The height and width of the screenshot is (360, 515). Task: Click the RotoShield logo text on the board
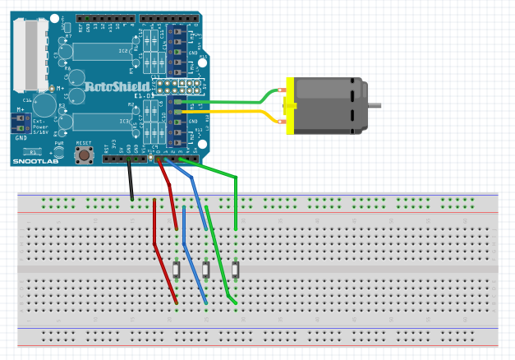[x=118, y=85]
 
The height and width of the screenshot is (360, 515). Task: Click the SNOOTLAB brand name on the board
[x=33, y=162]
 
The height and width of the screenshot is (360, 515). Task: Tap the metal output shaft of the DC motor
[x=375, y=105]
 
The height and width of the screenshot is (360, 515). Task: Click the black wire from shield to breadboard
[x=131, y=181]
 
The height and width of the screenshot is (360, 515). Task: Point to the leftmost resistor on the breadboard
[x=177, y=270]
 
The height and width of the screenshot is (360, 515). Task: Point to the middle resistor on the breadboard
[x=206, y=270]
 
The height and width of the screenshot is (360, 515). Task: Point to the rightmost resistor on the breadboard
[x=236, y=270]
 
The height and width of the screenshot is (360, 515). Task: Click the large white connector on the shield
[x=29, y=53]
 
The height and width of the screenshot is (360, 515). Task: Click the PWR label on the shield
[x=58, y=144]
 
